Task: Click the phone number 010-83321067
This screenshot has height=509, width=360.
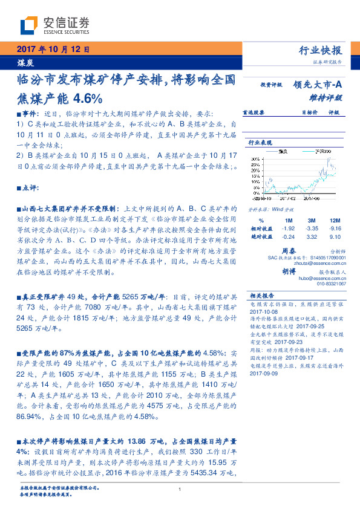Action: pos(332,283)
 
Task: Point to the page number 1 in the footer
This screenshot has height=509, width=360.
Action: pos(180,489)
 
